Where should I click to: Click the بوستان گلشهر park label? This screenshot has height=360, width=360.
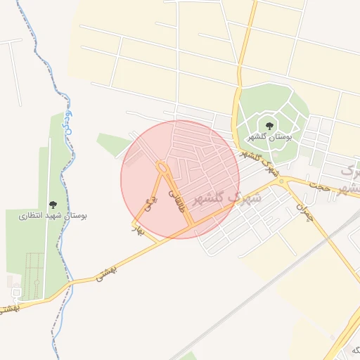(271, 136)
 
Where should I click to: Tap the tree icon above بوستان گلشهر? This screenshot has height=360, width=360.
(270, 126)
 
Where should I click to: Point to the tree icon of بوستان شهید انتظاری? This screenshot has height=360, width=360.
(53, 204)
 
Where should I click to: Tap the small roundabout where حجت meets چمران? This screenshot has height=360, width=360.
(282, 182)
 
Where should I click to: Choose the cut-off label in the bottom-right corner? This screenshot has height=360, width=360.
(351, 350)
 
